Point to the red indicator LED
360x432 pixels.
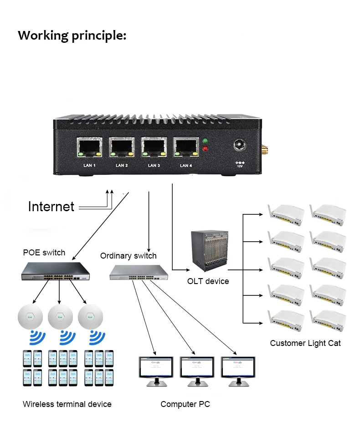pos(205,148)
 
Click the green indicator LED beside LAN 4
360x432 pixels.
pos(205,141)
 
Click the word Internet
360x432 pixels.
pos(51,207)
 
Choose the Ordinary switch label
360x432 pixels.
pos(128,256)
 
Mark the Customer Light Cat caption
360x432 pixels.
pos(305,343)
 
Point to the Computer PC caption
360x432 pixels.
pos(185,404)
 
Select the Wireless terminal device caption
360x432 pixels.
pos(67,404)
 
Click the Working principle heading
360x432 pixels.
pos(72,35)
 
